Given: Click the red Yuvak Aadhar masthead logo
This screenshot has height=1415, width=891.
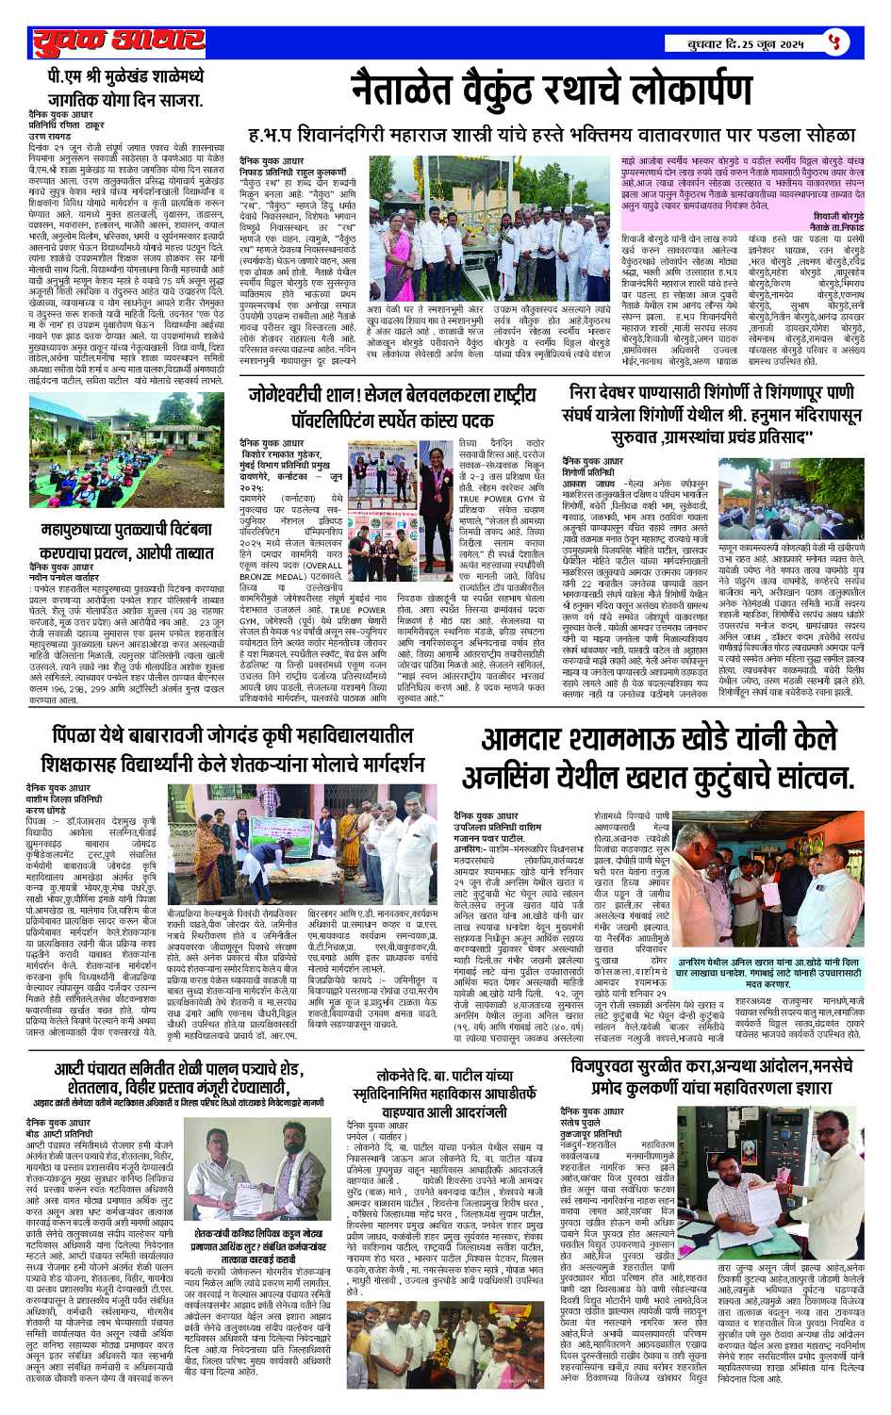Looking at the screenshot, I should point(119,42).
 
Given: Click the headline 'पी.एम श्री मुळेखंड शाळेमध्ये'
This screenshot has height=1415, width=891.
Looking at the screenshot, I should point(125,76).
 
